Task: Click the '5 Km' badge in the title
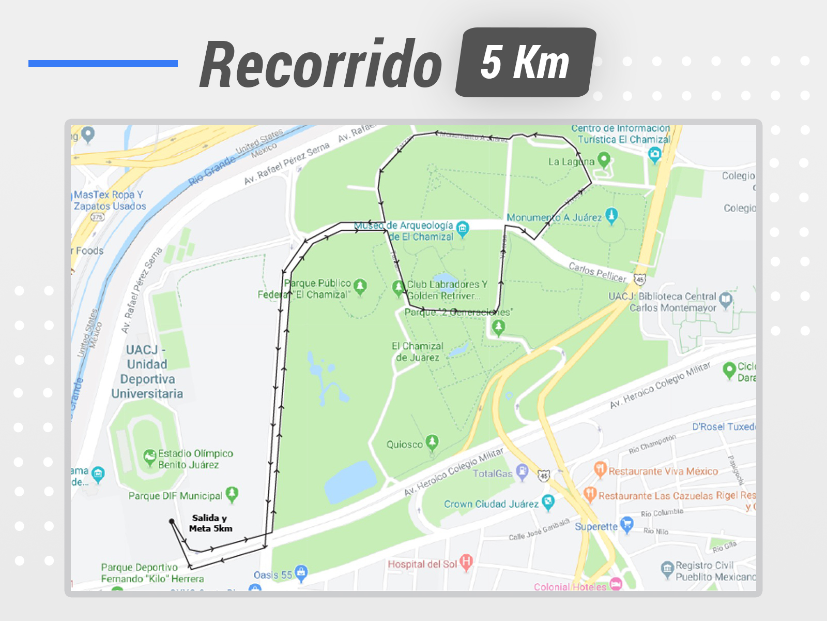pos(525,63)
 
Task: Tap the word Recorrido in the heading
pos(321,65)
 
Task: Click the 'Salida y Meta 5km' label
pos(210,523)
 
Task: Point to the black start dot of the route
pos(172,522)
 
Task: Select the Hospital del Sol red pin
pos(466,562)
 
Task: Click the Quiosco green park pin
pos(432,442)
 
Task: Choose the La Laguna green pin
pos(603,159)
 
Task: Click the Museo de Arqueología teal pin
pos(463,228)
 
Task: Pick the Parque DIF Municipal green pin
pos(232,494)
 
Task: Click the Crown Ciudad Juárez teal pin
pos(548,501)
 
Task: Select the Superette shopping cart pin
pos(626,524)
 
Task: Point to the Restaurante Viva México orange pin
pos(600,469)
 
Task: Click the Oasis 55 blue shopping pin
pos(301,572)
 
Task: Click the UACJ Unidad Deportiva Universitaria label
pos(147,372)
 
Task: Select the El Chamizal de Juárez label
pos(417,351)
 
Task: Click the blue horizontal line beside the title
pos(103,63)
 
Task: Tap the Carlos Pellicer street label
pos(597,272)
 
